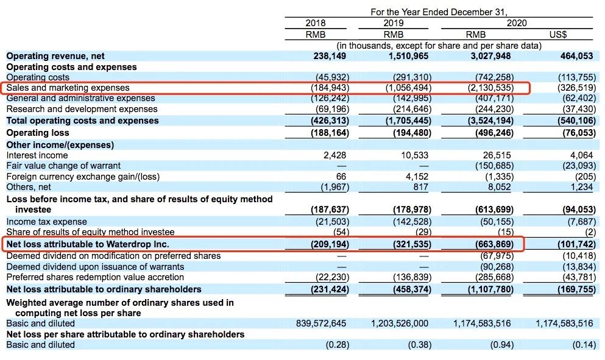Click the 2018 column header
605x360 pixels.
pyautogui.click(x=315, y=23)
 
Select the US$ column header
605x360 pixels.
pyautogui.click(x=557, y=35)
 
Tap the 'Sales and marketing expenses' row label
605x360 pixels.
pyautogui.click(x=68, y=88)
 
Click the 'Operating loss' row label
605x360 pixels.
pyautogui.click(x=38, y=133)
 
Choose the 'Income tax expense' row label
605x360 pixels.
pyautogui.click(x=47, y=222)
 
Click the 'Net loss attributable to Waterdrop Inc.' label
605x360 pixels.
pyautogui.click(x=88, y=244)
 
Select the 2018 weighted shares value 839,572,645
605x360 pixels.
pyautogui.click(x=321, y=323)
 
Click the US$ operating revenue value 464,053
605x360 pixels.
pyautogui.click(x=576, y=56)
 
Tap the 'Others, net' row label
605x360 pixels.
pyautogui.click(x=29, y=187)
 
